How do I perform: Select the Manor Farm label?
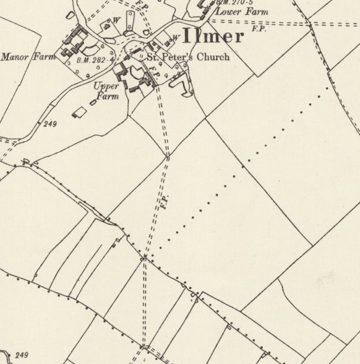tap(28, 57)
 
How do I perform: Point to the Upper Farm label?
tap(106, 90)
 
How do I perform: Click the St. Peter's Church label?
tap(187, 57)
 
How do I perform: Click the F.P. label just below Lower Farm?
tap(259, 29)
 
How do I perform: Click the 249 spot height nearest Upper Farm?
tap(50, 124)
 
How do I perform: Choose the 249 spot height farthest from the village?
tap(22, 355)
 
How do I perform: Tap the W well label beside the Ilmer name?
tap(176, 37)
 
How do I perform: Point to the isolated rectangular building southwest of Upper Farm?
tap(80, 113)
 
